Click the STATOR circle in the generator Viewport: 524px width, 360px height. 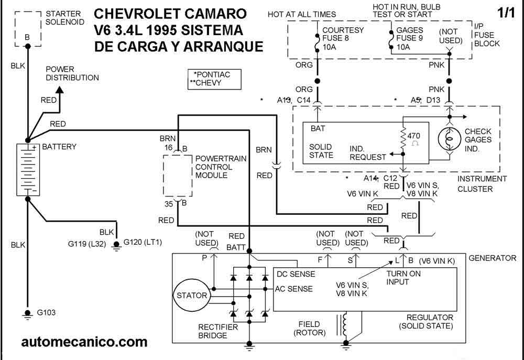[192, 296]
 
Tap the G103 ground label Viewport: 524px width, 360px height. [46, 313]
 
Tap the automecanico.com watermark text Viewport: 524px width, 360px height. [84, 342]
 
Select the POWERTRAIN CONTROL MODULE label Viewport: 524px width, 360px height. [214, 167]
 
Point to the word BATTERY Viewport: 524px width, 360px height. [59, 147]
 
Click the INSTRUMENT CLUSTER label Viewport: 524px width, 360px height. [482, 183]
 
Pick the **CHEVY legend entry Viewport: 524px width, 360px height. [209, 83]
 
